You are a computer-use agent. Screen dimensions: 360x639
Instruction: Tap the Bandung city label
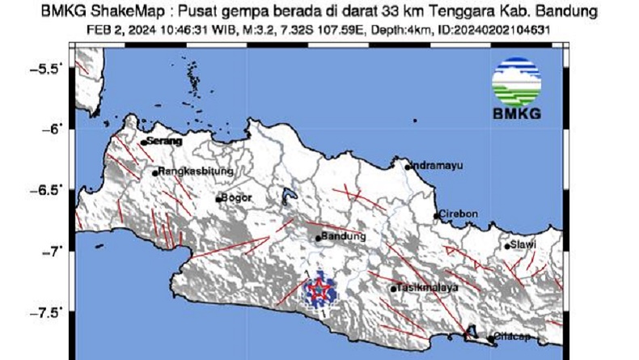click(344, 237)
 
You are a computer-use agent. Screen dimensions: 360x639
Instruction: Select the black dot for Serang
click(143, 142)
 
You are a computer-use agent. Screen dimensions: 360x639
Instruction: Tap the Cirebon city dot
click(437, 215)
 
